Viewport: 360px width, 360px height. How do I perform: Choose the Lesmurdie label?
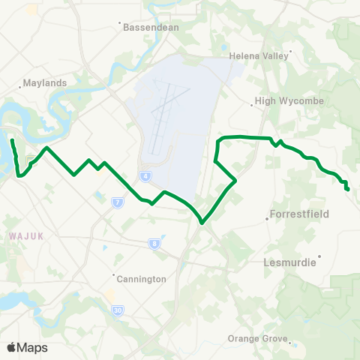point(289,262)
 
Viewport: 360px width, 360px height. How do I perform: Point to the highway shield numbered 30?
point(118,309)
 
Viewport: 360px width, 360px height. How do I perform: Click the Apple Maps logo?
point(26,347)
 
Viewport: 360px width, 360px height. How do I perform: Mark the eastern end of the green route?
point(349,189)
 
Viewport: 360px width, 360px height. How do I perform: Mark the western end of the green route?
point(12,139)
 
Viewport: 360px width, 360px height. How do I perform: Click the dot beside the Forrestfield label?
point(268,219)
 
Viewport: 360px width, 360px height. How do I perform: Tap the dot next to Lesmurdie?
point(320,257)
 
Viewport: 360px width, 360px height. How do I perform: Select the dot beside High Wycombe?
point(252,106)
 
